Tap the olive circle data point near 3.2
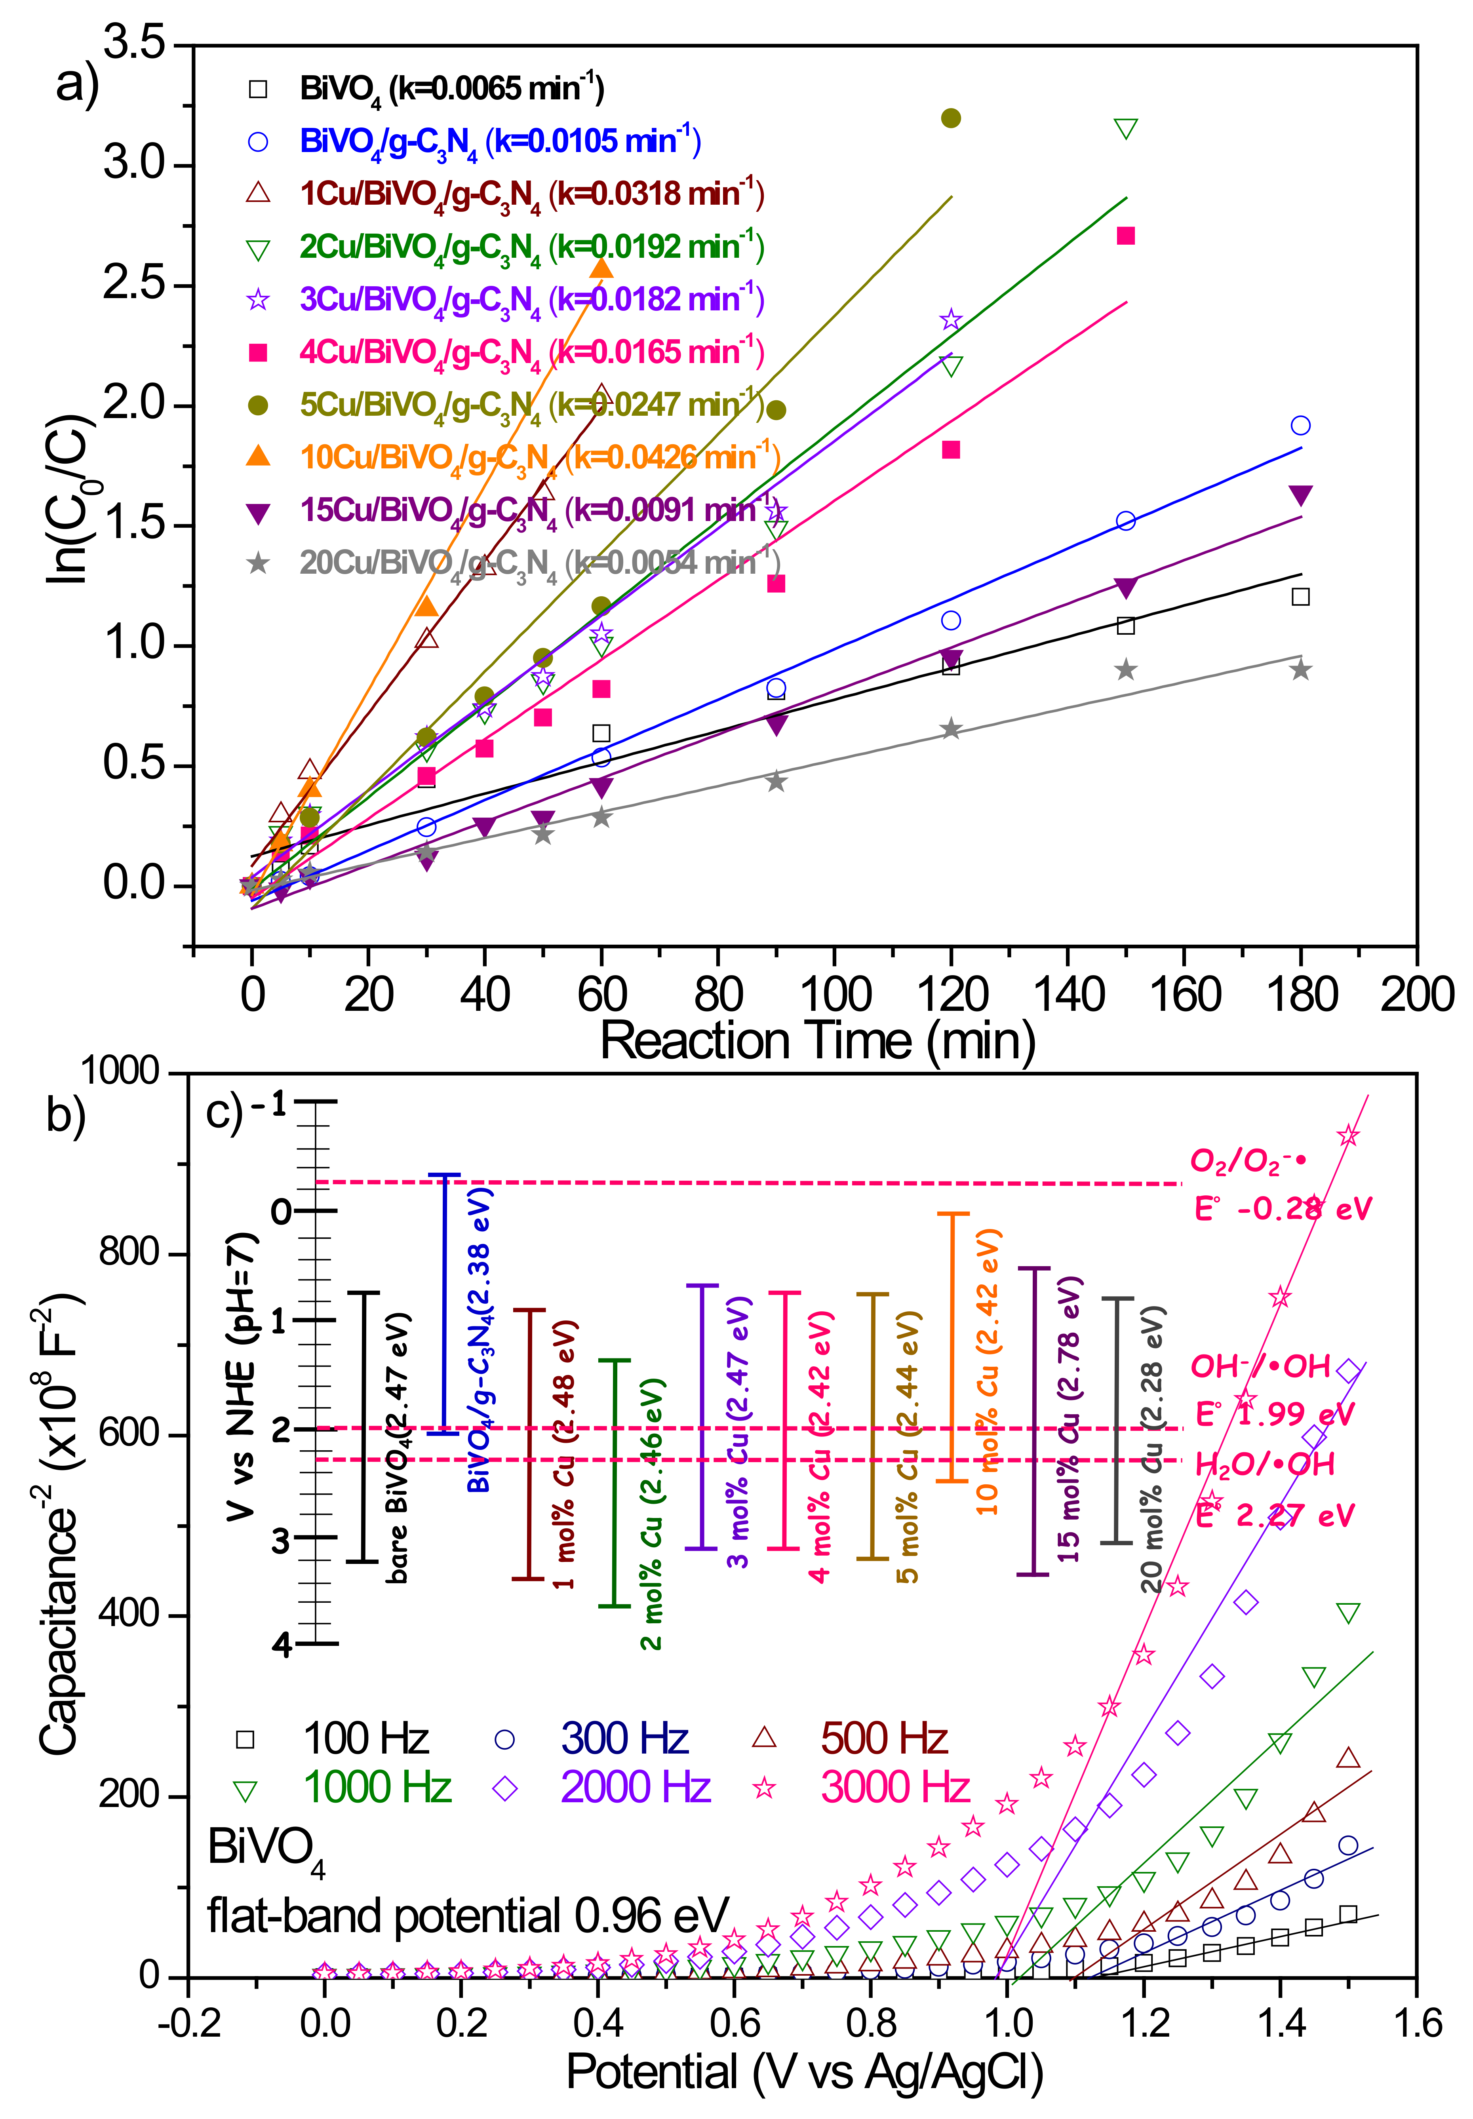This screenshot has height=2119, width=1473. (x=951, y=118)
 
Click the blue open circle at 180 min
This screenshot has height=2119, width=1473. (x=1300, y=426)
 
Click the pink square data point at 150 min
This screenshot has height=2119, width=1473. (x=1125, y=236)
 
